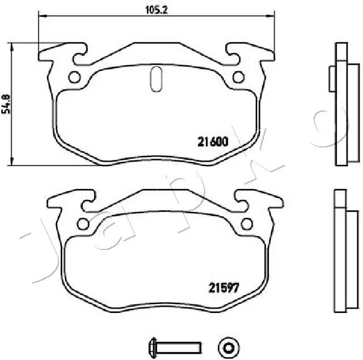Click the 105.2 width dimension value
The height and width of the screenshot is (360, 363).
click(151, 9)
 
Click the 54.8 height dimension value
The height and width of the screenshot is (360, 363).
click(6, 104)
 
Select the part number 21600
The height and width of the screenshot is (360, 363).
click(213, 142)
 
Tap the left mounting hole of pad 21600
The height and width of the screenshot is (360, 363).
click(74, 78)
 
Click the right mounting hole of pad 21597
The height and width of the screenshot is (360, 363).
click(247, 223)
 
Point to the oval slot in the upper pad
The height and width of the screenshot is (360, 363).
click(157, 78)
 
